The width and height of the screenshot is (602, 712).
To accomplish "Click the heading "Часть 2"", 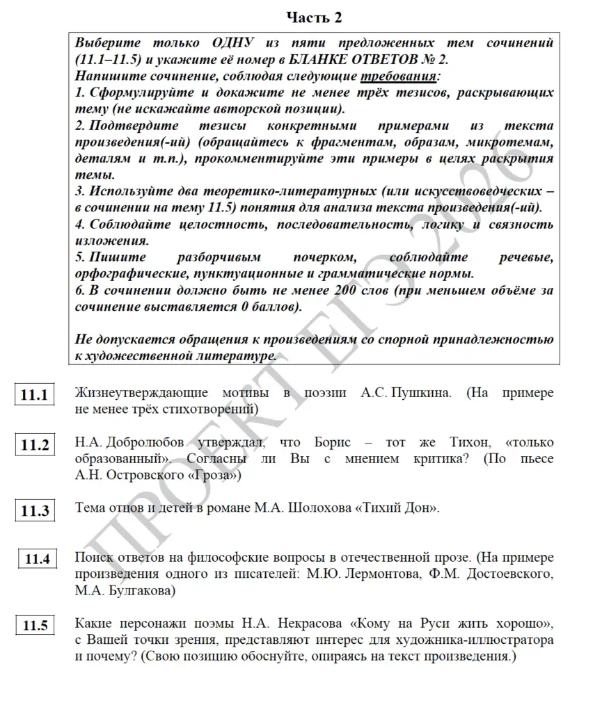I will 315,17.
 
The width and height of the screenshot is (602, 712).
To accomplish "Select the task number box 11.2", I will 34,445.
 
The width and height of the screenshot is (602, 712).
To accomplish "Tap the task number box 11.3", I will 34,510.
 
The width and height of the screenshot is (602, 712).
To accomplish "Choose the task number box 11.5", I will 34,625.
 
